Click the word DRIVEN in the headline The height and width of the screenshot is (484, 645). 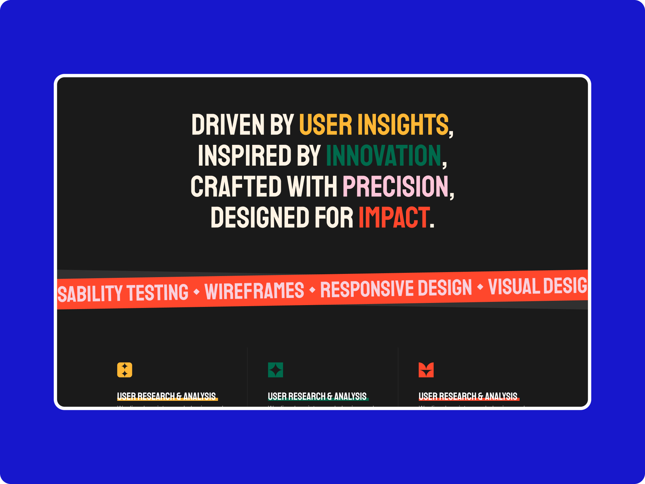pyautogui.click(x=228, y=125)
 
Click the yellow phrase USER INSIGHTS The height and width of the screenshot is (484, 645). pyautogui.click(x=373, y=125)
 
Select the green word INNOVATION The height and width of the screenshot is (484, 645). pyautogui.click(x=383, y=156)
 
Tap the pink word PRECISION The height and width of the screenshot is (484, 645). pyautogui.click(x=395, y=186)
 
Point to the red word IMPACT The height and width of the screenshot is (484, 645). pyautogui.click(x=393, y=217)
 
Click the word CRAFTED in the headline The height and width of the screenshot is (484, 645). pyautogui.click(x=236, y=186)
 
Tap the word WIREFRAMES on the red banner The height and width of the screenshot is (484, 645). pyautogui.click(x=254, y=291)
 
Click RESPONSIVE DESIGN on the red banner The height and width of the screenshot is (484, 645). pyautogui.click(x=396, y=289)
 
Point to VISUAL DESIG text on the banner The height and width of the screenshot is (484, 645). pyautogui.click(x=537, y=286)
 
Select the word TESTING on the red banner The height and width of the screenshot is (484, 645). pyautogui.click(x=158, y=293)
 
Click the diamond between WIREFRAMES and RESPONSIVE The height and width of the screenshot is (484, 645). pyautogui.click(x=312, y=290)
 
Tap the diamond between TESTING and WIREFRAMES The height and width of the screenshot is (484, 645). pyautogui.click(x=196, y=292)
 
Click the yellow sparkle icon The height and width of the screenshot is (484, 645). pyautogui.click(x=125, y=370)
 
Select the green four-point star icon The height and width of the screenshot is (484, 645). pyautogui.click(x=276, y=370)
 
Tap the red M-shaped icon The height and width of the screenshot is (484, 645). pyautogui.click(x=426, y=370)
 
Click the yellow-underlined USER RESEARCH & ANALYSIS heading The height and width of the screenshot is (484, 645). pyautogui.click(x=167, y=396)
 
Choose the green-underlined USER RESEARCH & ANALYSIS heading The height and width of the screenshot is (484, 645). pyautogui.click(x=317, y=396)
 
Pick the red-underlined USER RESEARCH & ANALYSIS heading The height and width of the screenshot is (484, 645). pyautogui.click(x=468, y=396)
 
